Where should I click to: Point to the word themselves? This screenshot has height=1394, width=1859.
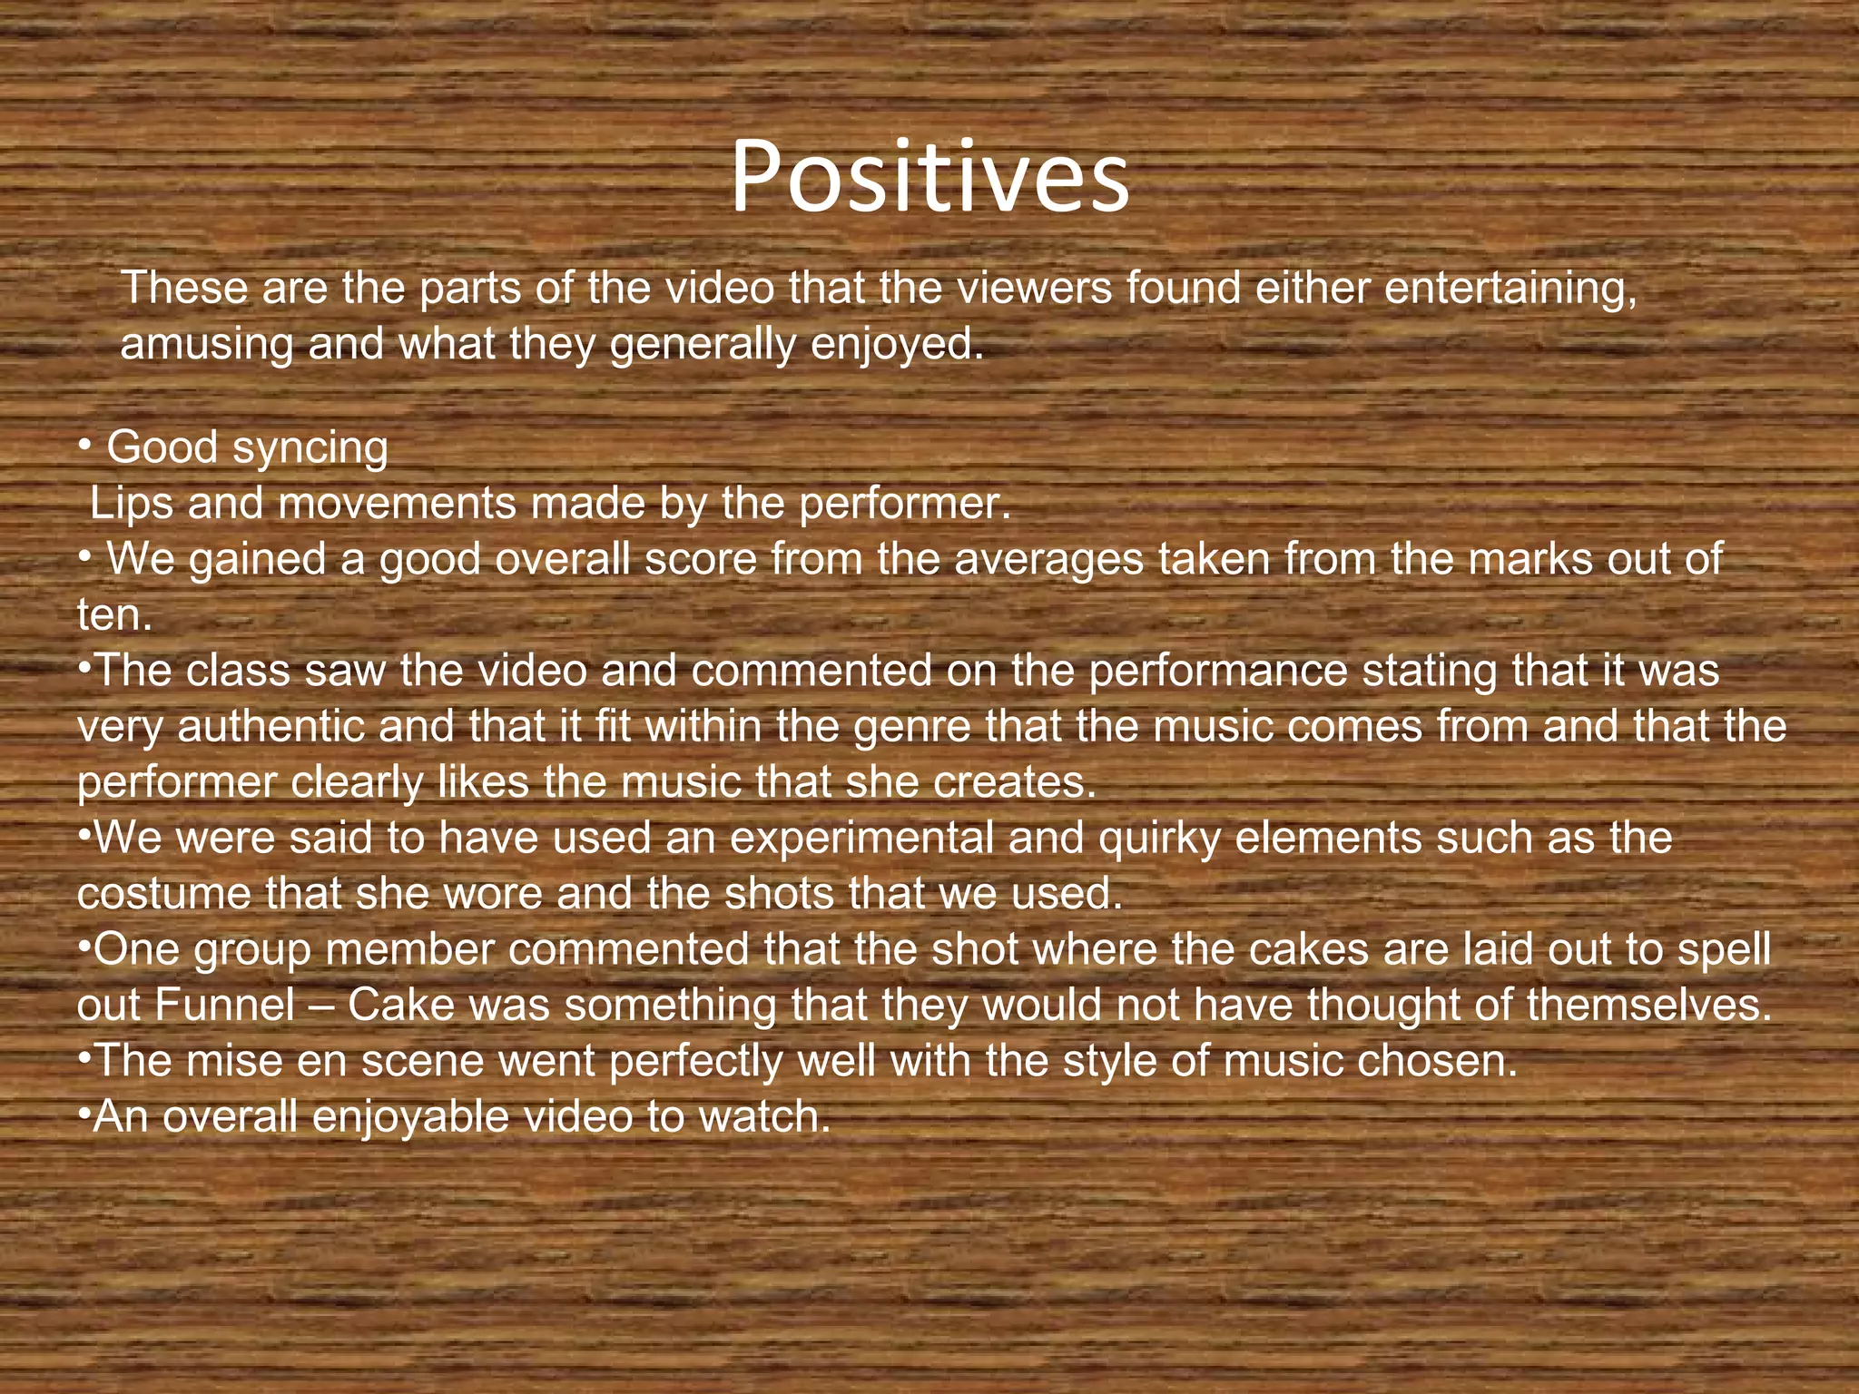click(x=1648, y=1006)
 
